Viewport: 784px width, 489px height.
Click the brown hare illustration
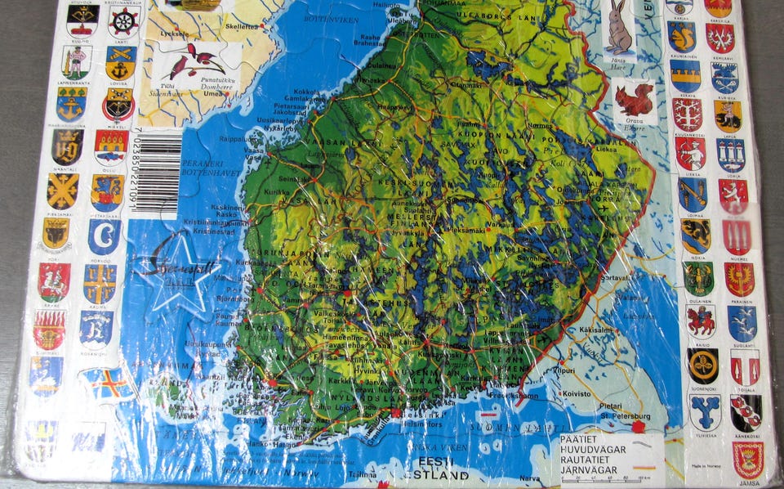(621, 29)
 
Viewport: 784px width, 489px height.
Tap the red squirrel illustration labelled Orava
(634, 101)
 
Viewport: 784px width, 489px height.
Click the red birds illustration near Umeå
(197, 61)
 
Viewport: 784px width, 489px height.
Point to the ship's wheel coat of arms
(123, 20)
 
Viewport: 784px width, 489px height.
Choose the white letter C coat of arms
(105, 236)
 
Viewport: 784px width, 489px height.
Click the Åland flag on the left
(107, 383)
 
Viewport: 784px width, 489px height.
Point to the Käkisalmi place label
(595, 330)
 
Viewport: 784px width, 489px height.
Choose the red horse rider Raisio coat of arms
(702, 321)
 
